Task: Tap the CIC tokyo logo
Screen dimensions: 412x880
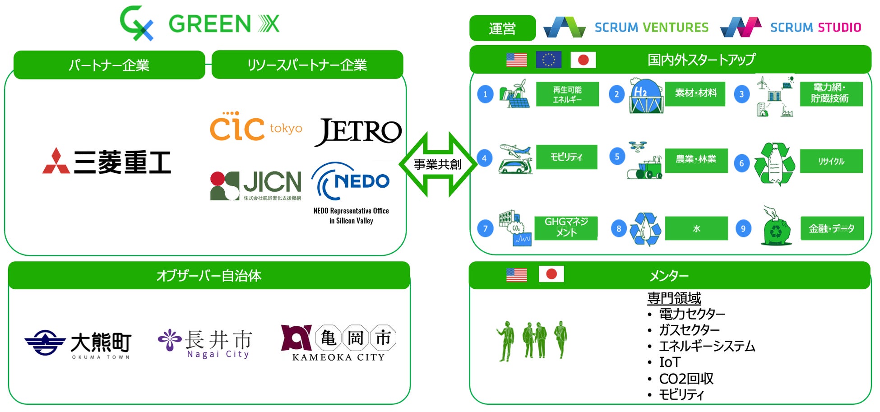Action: [255, 127]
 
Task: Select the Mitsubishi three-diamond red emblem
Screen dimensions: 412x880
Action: [56, 162]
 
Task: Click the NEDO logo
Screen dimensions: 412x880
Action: [351, 182]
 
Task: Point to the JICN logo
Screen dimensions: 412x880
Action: [256, 185]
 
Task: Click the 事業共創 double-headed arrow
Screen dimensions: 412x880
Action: [438, 164]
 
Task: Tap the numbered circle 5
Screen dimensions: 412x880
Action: [617, 157]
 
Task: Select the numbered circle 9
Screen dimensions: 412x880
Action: [743, 228]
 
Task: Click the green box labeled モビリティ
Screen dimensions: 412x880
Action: [566, 157]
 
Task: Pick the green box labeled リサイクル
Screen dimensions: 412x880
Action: [831, 161]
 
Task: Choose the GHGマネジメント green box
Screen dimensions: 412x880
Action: [566, 227]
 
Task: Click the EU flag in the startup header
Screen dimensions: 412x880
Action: [548, 60]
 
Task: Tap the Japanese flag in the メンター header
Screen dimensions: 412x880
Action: [551, 274]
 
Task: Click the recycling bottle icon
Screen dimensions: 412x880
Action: [774, 163]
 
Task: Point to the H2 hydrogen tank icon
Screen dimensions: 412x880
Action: [646, 96]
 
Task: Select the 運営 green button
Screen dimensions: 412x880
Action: [502, 28]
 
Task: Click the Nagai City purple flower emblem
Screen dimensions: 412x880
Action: [169, 340]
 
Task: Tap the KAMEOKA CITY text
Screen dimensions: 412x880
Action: [338, 357]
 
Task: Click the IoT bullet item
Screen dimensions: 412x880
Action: [669, 362]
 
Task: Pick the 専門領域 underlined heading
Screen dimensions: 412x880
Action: [674, 298]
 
